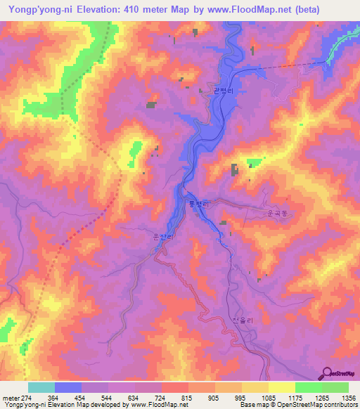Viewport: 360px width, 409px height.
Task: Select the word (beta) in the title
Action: tap(303, 10)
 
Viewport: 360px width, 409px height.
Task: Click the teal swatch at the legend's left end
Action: tap(41, 387)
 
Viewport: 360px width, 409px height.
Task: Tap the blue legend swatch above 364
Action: tap(68, 387)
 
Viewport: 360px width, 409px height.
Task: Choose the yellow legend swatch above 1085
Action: tap(282, 387)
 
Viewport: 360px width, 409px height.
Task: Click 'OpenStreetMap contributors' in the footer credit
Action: tap(324, 405)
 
